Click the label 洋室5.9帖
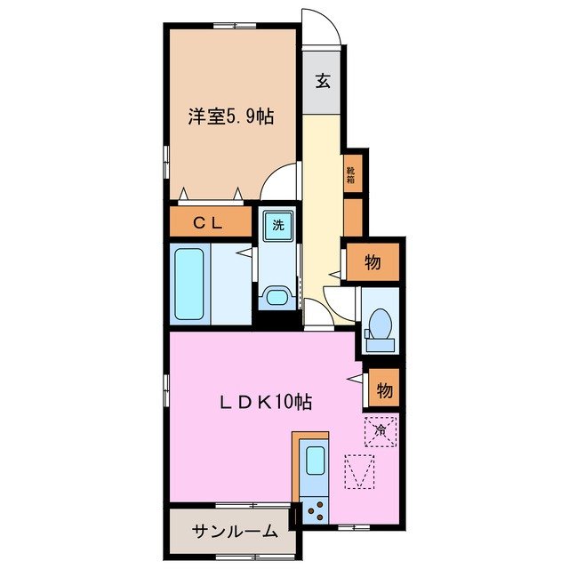click(x=229, y=116)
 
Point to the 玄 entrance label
click(x=323, y=81)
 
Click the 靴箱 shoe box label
click(x=352, y=172)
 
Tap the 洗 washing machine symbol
click(x=277, y=224)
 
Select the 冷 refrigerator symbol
click(x=379, y=431)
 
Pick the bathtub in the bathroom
click(x=190, y=284)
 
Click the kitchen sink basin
click(x=315, y=461)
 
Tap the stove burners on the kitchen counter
click(x=314, y=509)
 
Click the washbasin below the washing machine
click(x=276, y=296)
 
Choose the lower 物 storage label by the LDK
click(x=383, y=389)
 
